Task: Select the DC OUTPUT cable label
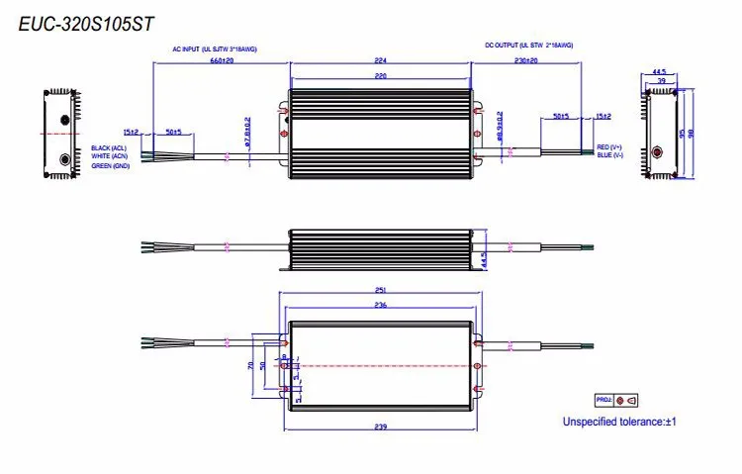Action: point(528,46)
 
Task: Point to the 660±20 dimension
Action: point(222,61)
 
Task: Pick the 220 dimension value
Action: point(381,74)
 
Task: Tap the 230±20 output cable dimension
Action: point(526,61)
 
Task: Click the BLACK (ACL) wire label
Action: point(110,146)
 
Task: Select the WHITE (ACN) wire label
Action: point(110,155)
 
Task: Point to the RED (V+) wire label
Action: point(609,146)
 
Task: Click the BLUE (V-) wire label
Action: point(609,155)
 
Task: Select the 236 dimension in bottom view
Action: point(381,306)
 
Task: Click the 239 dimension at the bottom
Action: point(381,427)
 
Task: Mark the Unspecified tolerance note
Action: point(618,422)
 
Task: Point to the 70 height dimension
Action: point(248,364)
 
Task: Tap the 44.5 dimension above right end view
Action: point(658,71)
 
